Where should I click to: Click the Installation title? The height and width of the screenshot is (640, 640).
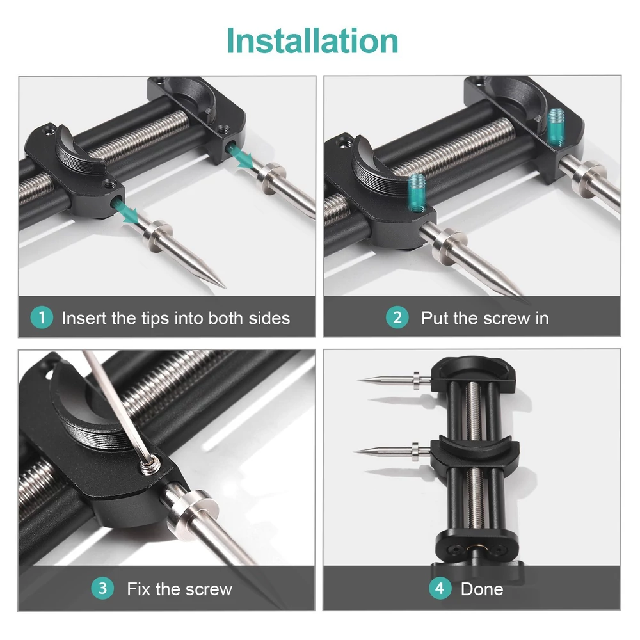tap(312, 41)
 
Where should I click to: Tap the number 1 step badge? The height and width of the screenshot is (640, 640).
tap(42, 317)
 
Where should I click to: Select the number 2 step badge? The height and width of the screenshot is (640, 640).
tap(397, 317)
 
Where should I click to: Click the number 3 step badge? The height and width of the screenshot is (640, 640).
tap(102, 588)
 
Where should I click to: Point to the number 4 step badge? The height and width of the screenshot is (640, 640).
tap(440, 588)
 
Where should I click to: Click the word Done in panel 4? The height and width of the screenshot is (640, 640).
tap(482, 589)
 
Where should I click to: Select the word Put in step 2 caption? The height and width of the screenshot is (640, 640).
tap(435, 318)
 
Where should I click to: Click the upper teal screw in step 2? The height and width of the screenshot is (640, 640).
tap(555, 127)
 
